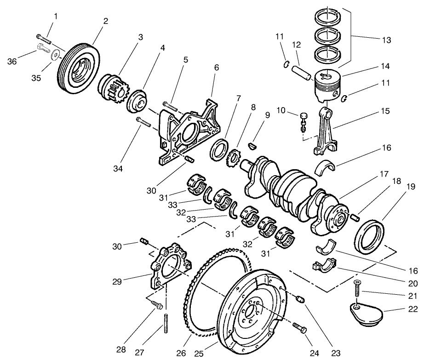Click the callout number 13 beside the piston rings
(x=386, y=40)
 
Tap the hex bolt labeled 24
(x=299, y=328)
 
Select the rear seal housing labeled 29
(x=168, y=268)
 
